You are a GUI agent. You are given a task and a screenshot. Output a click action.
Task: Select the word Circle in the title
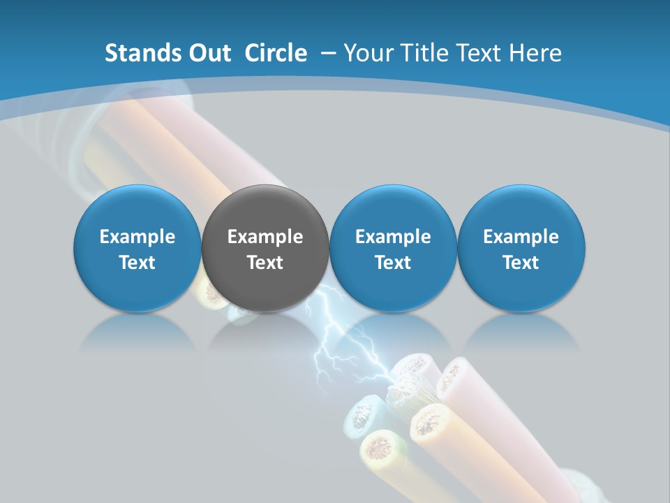tap(276, 53)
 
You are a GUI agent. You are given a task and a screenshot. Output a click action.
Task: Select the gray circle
tap(265, 248)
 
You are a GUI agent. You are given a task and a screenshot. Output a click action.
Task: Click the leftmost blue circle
tap(137, 248)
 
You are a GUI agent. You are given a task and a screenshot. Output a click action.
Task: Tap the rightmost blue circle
tap(521, 248)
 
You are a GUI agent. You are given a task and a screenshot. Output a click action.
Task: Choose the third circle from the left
tap(393, 248)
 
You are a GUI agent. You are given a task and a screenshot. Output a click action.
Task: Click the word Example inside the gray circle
tap(265, 237)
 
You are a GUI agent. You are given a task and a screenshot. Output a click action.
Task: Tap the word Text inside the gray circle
tap(265, 263)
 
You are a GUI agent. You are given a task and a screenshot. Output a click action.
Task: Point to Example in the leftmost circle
tap(137, 237)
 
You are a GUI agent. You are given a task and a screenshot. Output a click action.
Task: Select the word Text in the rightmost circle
tap(521, 263)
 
